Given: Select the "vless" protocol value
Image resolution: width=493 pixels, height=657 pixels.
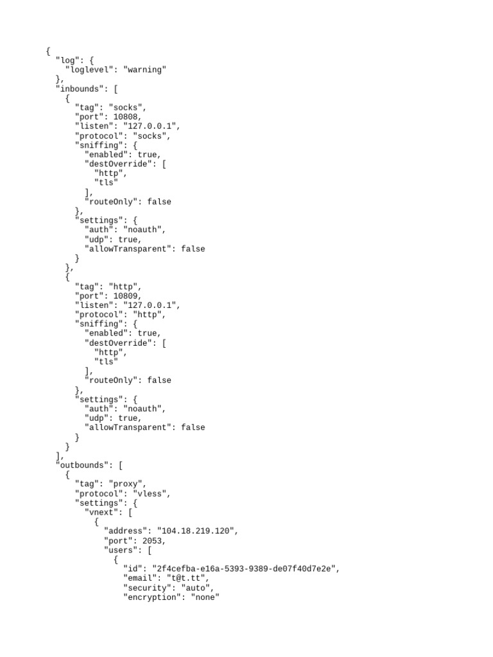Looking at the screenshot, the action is coord(152,493).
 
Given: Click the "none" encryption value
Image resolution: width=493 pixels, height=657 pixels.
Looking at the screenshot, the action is coord(205,597).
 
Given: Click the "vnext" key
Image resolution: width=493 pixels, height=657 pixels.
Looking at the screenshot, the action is coord(103,512).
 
